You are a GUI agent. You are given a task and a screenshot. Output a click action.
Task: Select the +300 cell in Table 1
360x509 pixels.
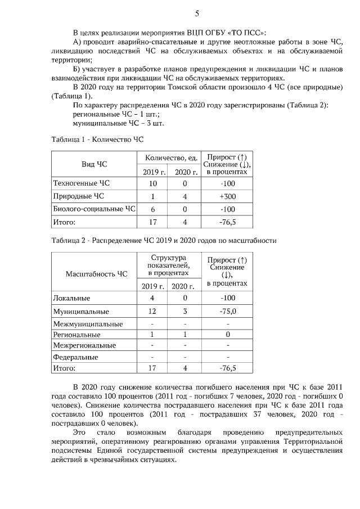(227, 196)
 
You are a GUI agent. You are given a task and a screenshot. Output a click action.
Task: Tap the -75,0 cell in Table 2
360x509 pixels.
(227, 311)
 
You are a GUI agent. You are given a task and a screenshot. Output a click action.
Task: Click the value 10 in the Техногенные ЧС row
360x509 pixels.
(153, 184)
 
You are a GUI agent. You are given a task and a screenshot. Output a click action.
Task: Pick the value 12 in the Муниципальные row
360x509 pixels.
(152, 311)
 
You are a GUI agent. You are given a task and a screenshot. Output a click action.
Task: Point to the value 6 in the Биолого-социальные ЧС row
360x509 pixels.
(153, 209)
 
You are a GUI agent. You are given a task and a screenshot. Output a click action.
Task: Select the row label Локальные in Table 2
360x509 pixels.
(71, 298)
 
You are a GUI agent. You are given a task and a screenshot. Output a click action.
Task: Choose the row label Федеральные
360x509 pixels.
(75, 357)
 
